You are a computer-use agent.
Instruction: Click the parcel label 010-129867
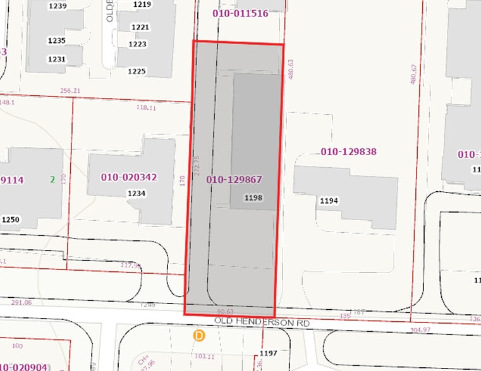(234, 180)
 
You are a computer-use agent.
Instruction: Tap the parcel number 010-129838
(348, 151)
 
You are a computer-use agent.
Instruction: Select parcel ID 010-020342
(128, 177)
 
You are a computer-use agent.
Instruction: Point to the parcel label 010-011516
(240, 13)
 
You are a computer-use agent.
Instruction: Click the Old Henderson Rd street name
(262, 322)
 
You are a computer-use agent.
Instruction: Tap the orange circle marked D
(200, 336)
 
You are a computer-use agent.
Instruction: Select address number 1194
(329, 201)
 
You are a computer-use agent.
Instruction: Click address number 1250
(9, 220)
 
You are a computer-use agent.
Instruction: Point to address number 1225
(137, 71)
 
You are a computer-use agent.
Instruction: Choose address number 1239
(57, 6)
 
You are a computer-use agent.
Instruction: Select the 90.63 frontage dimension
(224, 312)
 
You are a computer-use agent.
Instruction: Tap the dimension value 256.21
(70, 91)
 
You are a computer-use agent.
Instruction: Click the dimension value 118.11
(146, 108)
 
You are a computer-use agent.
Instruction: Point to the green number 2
(52, 180)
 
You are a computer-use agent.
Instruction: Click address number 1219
(142, 4)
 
